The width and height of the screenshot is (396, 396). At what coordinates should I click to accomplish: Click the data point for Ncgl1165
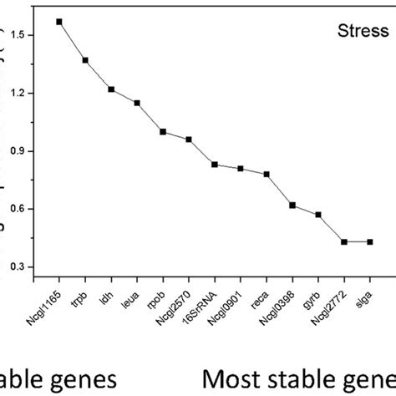(x=59, y=21)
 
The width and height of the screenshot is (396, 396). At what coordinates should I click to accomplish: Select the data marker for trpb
(x=85, y=60)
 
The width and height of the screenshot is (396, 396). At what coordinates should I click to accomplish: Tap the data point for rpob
(x=163, y=131)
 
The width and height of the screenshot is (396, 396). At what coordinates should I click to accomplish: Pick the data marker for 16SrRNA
(x=215, y=165)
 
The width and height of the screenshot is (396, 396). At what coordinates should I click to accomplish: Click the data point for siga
(x=370, y=241)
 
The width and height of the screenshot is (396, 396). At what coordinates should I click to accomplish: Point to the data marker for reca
(x=267, y=175)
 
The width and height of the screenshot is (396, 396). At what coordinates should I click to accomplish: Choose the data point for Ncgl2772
(x=344, y=241)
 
